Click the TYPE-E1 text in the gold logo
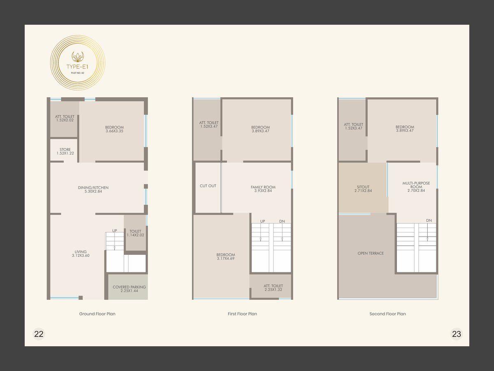(x=77, y=67)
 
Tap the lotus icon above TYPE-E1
(x=77, y=56)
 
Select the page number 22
(x=39, y=334)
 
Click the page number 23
(x=457, y=334)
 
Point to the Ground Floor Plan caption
(x=97, y=314)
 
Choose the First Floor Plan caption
(x=242, y=314)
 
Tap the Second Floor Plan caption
(x=387, y=314)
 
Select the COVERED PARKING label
(x=129, y=287)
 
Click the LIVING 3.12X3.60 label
(x=81, y=254)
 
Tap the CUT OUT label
(x=208, y=186)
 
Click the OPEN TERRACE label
(x=370, y=253)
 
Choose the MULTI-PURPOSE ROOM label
(x=416, y=185)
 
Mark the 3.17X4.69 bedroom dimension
(x=226, y=258)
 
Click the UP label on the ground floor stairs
(x=114, y=231)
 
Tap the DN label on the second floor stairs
(x=429, y=221)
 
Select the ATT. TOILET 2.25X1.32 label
(x=273, y=288)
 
